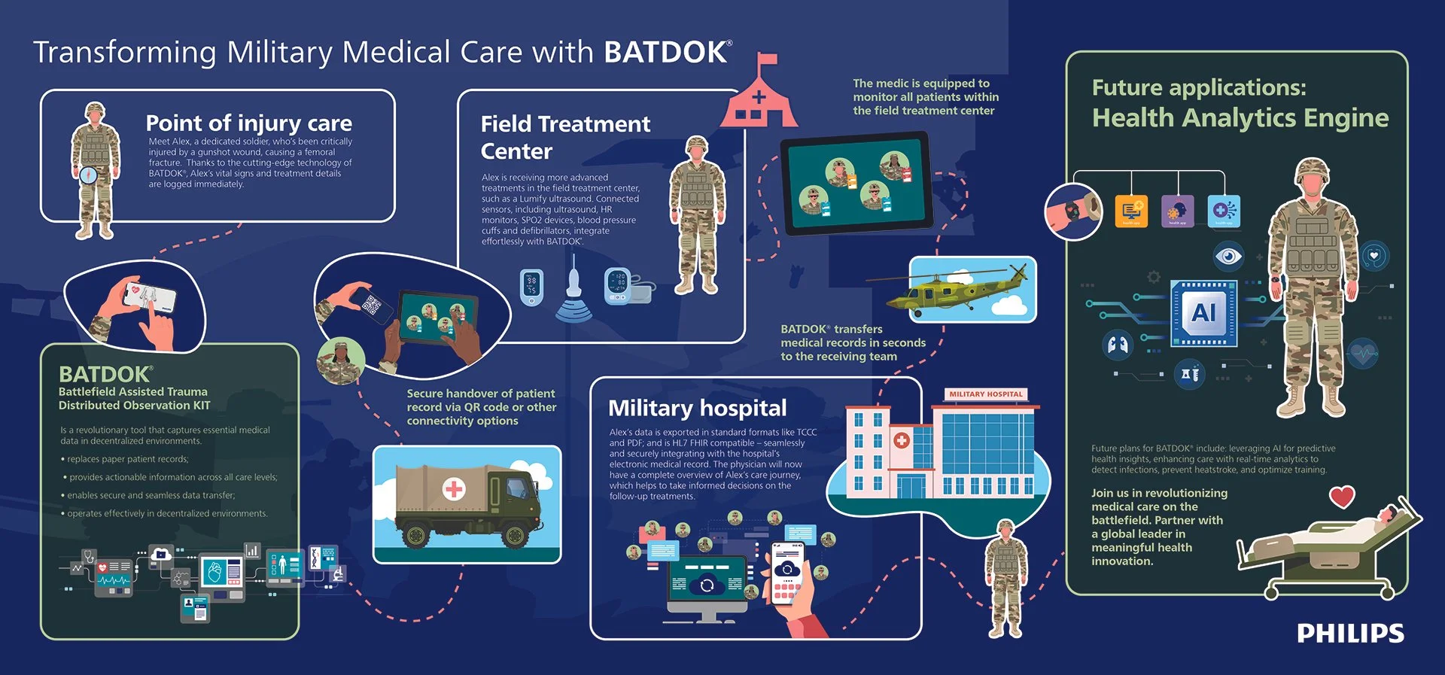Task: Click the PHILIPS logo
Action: (x=1350, y=633)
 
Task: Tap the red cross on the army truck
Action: (x=454, y=489)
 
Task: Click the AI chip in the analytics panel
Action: (x=1203, y=312)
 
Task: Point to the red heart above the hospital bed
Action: (x=1342, y=497)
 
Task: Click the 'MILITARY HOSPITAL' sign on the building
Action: (x=986, y=394)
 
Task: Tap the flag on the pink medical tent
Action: (x=767, y=59)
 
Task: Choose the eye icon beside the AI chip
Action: (x=1228, y=257)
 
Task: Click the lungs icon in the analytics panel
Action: (x=1118, y=345)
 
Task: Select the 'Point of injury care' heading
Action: (x=248, y=123)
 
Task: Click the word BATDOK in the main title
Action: (x=665, y=52)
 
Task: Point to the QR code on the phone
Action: (x=372, y=305)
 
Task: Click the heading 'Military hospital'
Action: (x=697, y=408)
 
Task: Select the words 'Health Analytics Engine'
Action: (x=1240, y=118)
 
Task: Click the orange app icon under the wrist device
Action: (x=1131, y=211)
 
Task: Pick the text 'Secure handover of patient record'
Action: (x=481, y=400)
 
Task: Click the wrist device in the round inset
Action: (x=1072, y=211)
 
